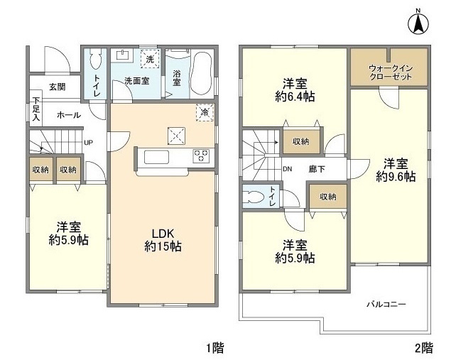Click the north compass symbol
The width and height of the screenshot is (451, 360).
(418, 23)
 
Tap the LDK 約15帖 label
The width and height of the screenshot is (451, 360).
(163, 241)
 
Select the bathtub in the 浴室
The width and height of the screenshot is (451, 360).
(202, 74)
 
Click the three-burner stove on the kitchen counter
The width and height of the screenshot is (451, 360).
(201, 156)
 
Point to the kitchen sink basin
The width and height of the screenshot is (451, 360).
(156, 157)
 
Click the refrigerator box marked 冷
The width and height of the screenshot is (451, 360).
(205, 112)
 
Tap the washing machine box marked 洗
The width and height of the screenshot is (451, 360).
(150, 59)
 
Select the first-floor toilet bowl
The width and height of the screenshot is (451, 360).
(95, 59)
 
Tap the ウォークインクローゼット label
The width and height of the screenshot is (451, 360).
(391, 72)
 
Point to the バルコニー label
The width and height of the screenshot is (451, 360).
(386, 304)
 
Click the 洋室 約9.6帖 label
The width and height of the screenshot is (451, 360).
(396, 170)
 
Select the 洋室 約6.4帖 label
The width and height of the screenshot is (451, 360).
(295, 90)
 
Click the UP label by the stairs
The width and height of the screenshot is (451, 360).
(88, 142)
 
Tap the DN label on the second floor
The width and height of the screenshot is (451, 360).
(287, 169)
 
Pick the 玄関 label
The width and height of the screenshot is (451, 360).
(58, 87)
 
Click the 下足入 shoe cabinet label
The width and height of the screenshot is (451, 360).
(36, 109)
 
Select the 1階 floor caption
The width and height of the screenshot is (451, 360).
(215, 348)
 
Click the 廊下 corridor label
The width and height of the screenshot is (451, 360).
(317, 169)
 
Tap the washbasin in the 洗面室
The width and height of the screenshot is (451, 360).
(124, 55)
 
